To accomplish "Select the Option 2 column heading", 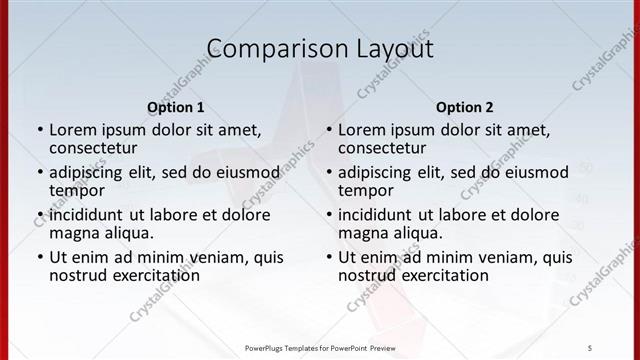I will pos(464,107).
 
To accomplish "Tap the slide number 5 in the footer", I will pos(589,347).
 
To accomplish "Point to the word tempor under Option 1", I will pos(78,190).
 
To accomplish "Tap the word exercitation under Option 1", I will pos(155,275).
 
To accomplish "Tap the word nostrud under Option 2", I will pos(367,275).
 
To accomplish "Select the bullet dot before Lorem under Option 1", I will pos(40,130).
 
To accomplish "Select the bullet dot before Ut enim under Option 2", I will pos(329,257).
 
